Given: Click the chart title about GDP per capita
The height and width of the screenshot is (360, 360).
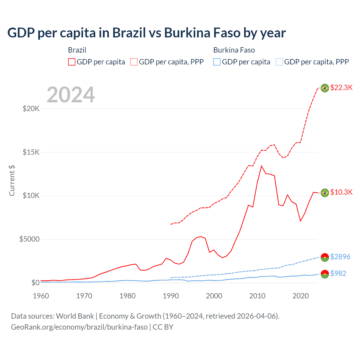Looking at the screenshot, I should pos(146,33).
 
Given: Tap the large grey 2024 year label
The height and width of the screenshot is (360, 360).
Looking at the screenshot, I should pos(71,95).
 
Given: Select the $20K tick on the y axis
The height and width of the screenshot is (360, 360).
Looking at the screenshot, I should pos(31,109).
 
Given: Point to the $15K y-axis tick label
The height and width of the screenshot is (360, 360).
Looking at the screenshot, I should pos(31,152).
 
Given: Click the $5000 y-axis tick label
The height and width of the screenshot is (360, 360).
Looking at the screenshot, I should pos(29,239).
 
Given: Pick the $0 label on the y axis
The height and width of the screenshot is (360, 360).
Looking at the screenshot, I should pos(35,283).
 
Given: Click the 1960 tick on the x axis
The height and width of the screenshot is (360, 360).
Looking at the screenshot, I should pos(41,296).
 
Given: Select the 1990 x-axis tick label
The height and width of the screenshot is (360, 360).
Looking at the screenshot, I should pos(171,296).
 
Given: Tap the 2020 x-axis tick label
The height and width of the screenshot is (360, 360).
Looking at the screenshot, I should pos(300,296).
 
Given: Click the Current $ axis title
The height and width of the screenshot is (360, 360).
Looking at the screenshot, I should pos(12,181).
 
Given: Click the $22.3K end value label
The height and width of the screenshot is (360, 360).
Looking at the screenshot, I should pos(341,87).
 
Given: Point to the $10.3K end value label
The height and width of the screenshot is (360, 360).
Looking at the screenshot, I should pos(341,192).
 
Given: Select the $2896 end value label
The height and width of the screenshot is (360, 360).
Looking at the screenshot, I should pos(340,257).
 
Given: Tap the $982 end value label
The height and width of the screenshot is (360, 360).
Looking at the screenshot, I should pos(338,273).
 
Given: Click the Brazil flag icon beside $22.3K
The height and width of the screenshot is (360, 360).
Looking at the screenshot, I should pos(325,88).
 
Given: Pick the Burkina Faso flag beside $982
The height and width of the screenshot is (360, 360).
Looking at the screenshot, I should pos(325,274).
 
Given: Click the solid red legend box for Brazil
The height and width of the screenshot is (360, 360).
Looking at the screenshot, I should pos(72,62).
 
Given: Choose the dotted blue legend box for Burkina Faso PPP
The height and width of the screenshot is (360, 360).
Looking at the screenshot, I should pos(279,62).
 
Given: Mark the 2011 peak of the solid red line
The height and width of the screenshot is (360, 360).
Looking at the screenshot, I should pos(261,166).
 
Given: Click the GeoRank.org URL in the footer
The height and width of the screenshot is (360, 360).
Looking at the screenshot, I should pos(79,327).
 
